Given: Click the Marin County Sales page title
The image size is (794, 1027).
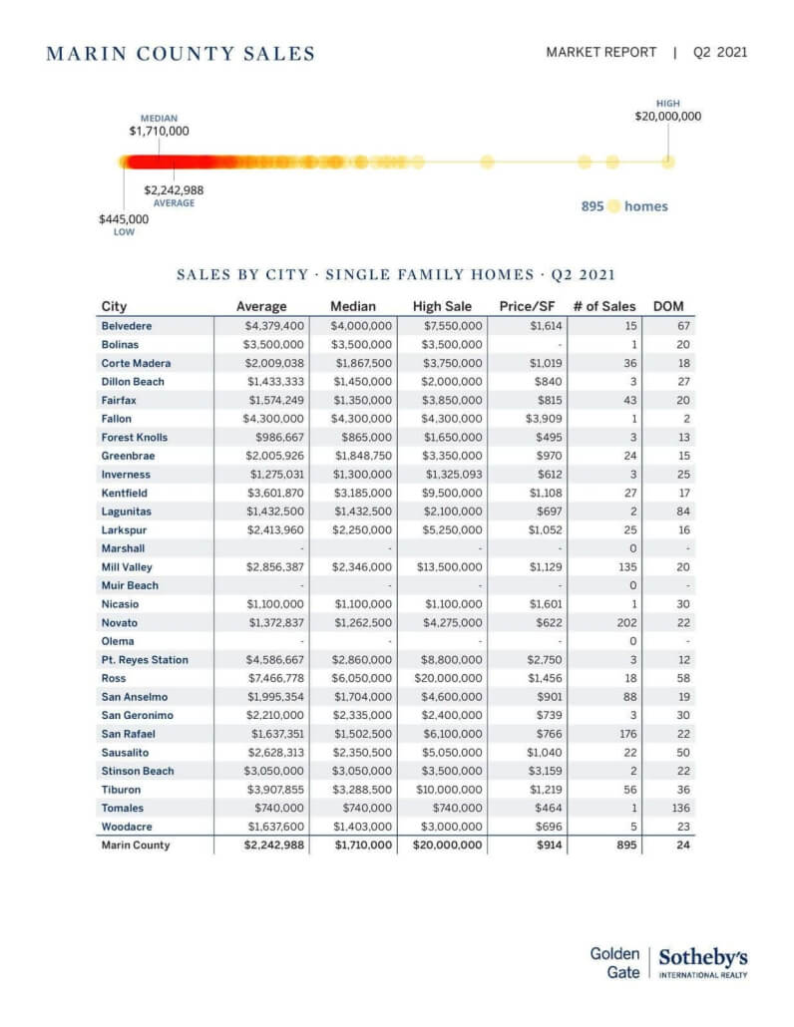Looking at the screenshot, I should click(x=181, y=54).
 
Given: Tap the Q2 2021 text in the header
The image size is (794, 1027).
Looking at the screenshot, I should click(x=719, y=53).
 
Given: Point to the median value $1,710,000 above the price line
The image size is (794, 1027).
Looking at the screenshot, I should click(x=159, y=131).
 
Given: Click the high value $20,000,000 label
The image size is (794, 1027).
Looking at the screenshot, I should click(x=667, y=116).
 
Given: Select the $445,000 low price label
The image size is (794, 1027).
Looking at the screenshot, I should click(x=124, y=218).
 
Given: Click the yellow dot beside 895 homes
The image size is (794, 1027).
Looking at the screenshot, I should click(x=614, y=206).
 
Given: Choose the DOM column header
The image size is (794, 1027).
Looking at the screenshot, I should click(x=667, y=306).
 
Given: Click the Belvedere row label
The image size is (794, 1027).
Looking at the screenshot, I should click(x=127, y=326).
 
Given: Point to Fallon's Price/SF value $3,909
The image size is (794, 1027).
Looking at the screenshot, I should click(x=544, y=419).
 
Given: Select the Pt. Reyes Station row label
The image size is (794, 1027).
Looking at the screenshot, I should click(x=144, y=659).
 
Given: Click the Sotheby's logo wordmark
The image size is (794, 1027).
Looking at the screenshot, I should click(x=703, y=958).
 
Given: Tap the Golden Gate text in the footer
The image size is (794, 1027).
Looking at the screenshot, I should click(x=614, y=963).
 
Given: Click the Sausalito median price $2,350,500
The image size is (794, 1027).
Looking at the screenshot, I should click(x=363, y=752).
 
